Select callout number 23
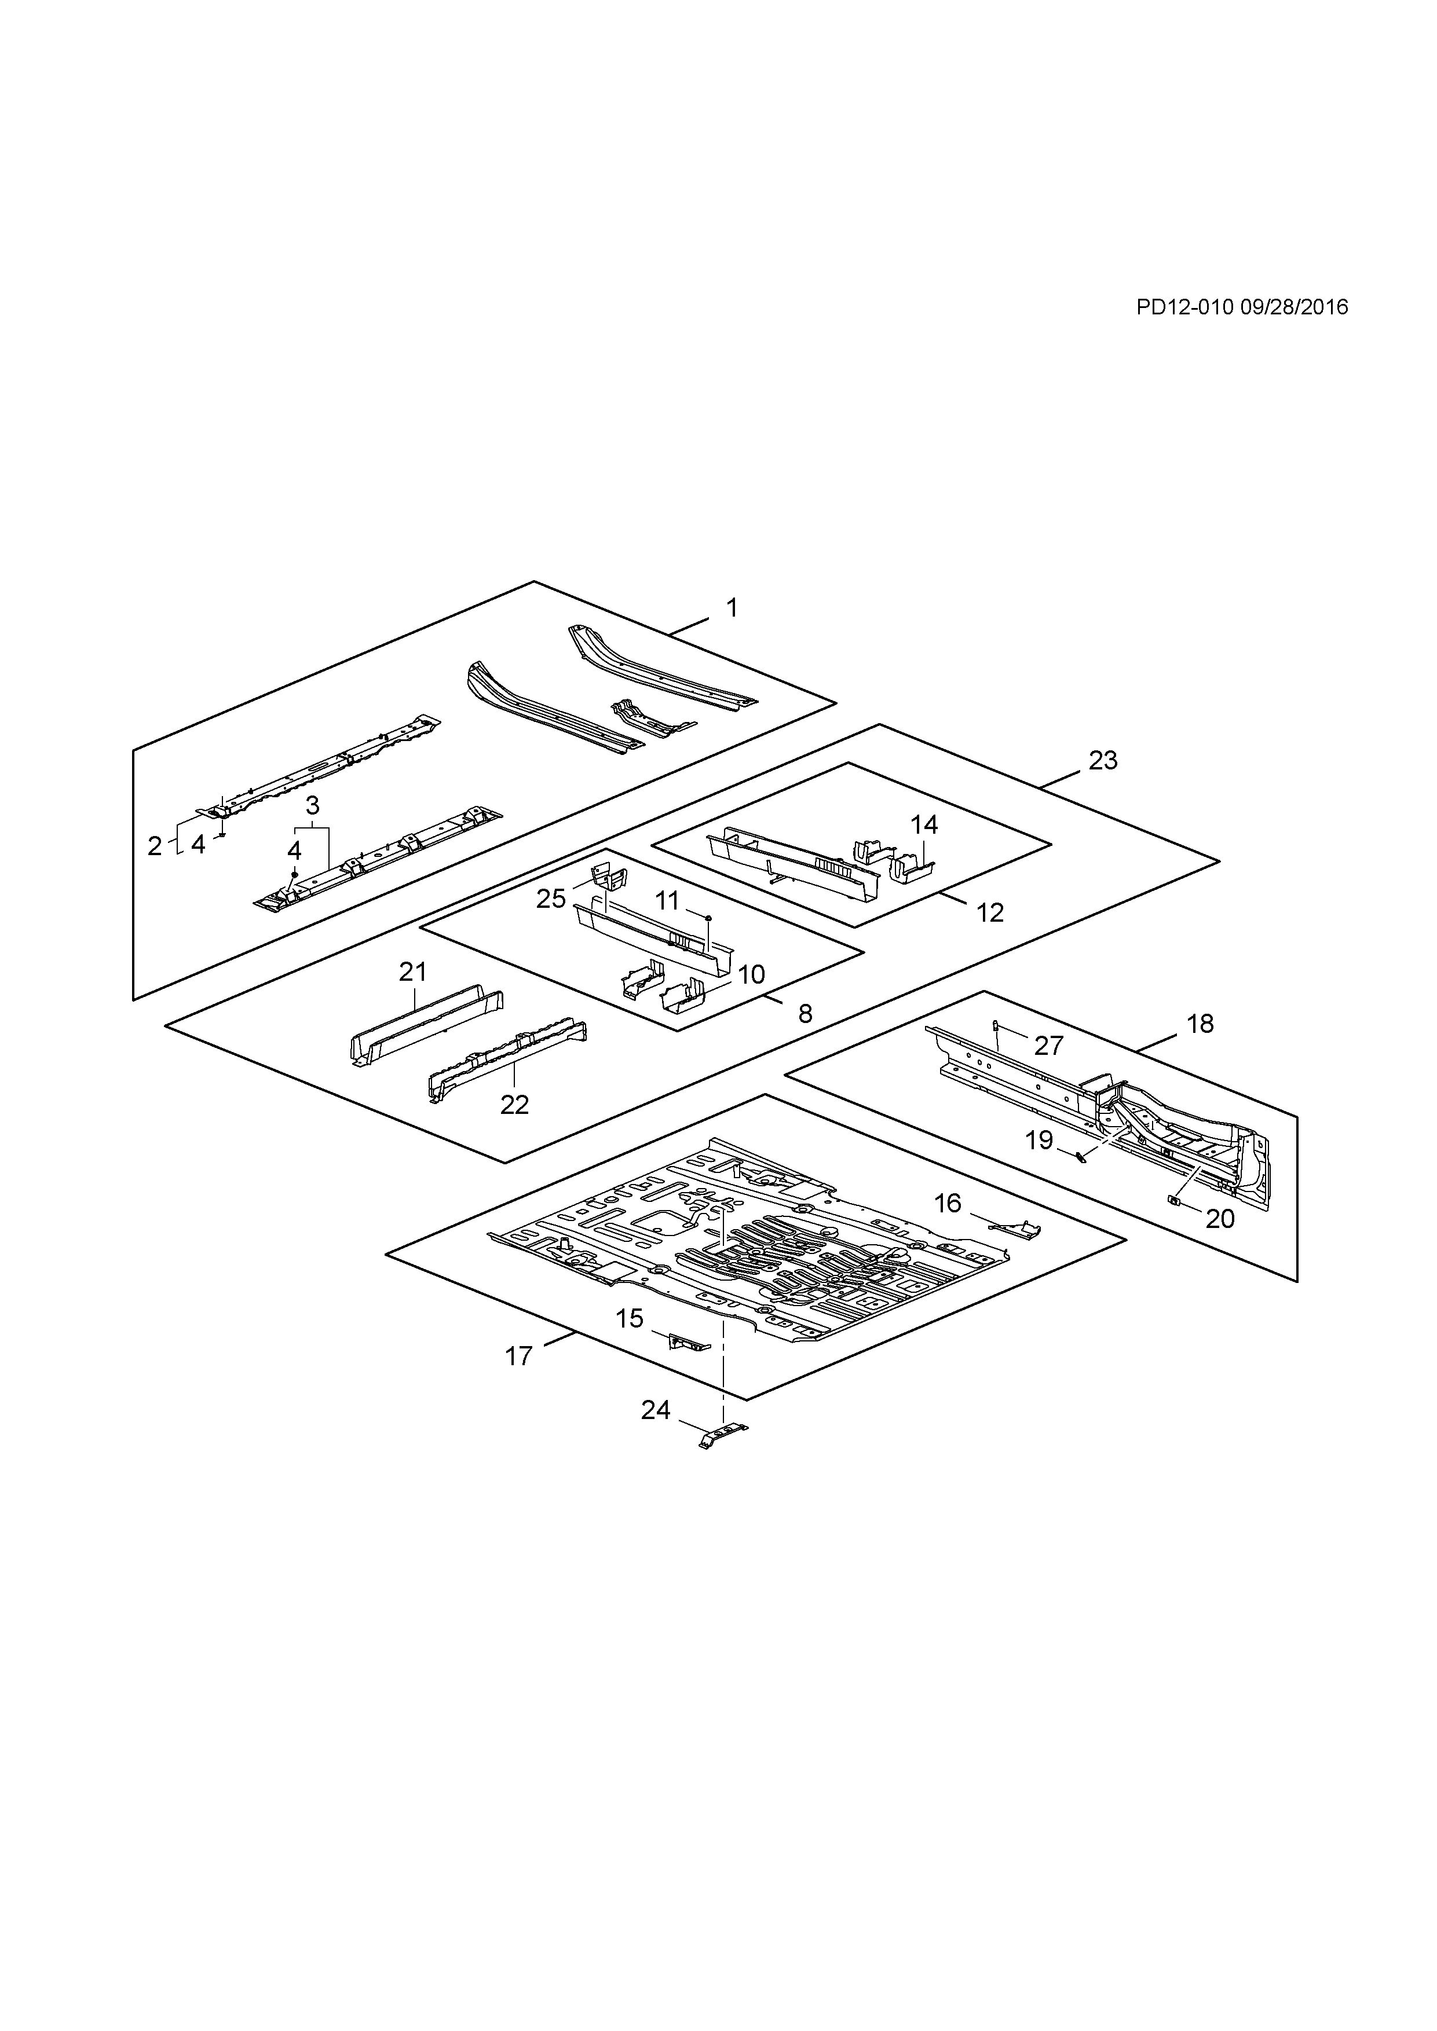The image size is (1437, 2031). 1103,761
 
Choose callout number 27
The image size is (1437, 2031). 1048,1046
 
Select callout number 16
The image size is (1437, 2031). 948,1203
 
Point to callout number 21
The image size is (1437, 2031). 413,972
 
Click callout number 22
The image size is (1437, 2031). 514,1104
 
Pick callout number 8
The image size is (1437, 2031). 805,1014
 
